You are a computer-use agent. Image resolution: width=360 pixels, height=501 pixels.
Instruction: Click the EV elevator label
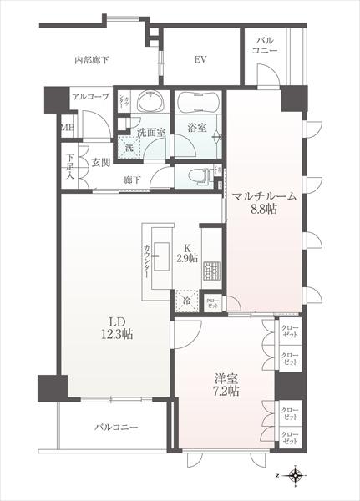point(200,59)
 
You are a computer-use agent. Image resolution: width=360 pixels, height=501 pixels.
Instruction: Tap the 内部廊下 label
point(92,59)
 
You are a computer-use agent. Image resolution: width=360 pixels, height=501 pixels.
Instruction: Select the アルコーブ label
point(90,97)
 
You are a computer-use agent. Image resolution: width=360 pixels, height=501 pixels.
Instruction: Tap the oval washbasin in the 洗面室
point(151,104)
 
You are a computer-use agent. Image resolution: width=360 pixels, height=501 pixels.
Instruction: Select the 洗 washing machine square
point(129,148)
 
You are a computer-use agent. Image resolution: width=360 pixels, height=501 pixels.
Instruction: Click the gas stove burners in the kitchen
point(210,270)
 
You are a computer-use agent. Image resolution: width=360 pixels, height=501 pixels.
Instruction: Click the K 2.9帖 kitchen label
point(187,254)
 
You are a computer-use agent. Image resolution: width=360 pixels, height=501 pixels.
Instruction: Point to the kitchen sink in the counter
point(159,234)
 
